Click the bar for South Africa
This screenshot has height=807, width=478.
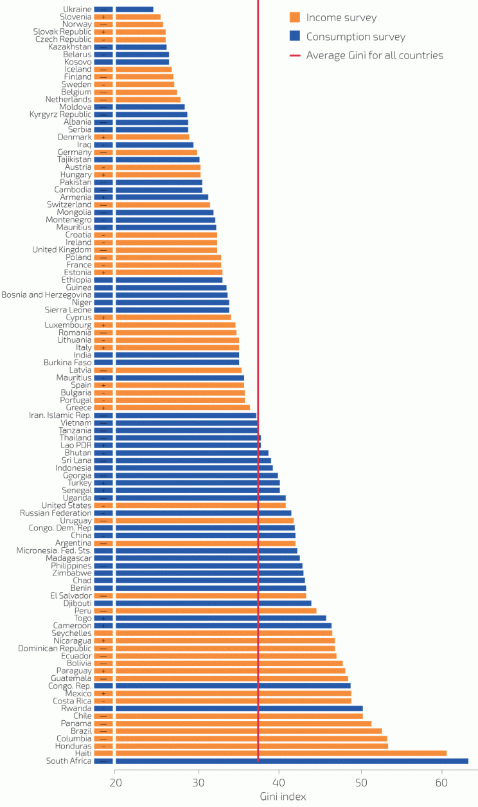(x=291, y=761)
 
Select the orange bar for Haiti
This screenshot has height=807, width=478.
(x=281, y=754)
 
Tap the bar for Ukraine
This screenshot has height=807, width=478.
(x=134, y=10)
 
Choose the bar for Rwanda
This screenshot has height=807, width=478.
(x=238, y=709)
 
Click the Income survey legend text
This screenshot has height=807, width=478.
(x=341, y=17)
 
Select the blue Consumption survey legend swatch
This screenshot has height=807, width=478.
(x=295, y=37)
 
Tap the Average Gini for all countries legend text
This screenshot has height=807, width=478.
(x=375, y=55)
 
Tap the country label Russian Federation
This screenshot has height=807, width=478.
(x=56, y=513)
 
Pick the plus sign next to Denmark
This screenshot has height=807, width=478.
(x=103, y=137)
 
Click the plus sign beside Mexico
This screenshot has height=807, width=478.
(x=103, y=694)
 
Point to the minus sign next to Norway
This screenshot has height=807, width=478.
(x=103, y=24)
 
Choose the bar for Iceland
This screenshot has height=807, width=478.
(x=143, y=69)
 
